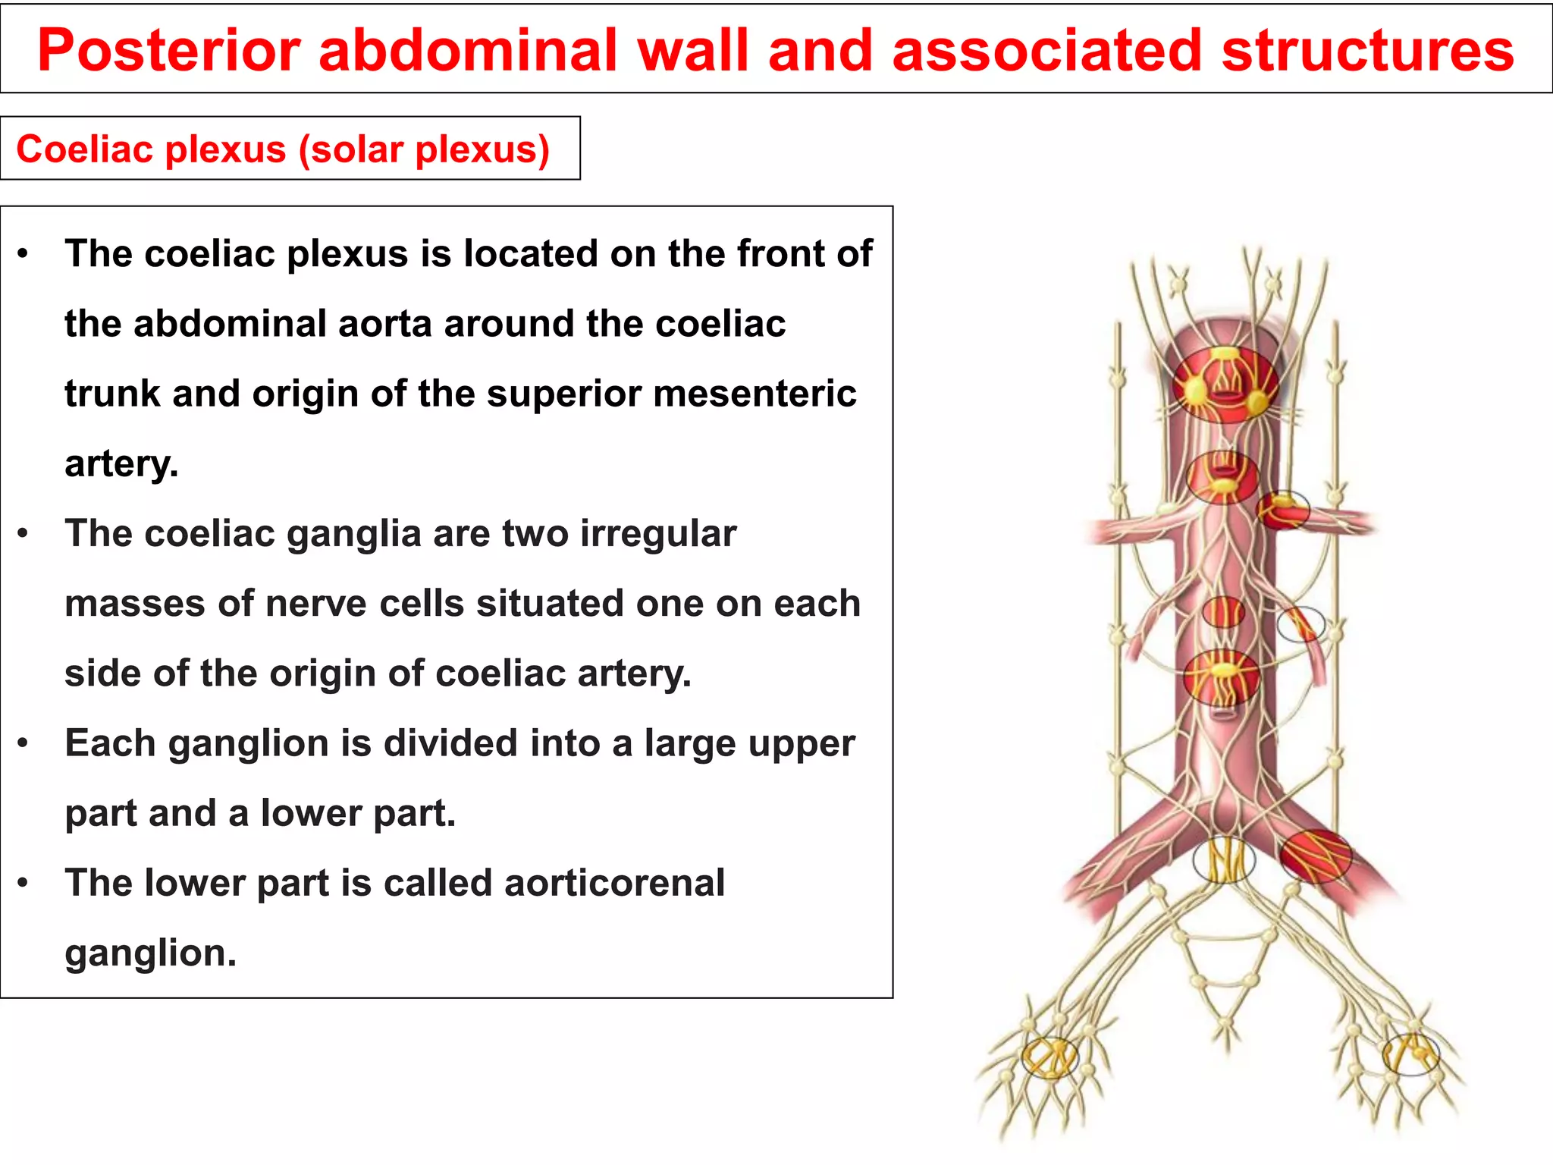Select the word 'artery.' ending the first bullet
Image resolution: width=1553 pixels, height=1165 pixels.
click(x=121, y=463)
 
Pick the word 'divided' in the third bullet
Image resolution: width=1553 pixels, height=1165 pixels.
click(x=450, y=743)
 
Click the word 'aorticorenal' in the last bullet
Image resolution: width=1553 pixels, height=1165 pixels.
click(x=614, y=883)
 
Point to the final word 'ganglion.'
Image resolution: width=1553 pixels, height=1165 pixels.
click(x=150, y=953)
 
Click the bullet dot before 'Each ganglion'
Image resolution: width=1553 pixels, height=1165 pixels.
click(x=24, y=744)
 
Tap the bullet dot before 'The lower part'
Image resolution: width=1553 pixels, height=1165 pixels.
click(x=24, y=884)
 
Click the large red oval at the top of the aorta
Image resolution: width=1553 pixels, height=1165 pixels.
click(x=1225, y=385)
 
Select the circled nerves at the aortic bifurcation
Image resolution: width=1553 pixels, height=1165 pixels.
click(x=1224, y=860)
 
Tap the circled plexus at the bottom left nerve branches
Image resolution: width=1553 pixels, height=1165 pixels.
click(x=1049, y=1057)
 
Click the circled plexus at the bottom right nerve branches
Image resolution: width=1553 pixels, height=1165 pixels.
click(x=1410, y=1054)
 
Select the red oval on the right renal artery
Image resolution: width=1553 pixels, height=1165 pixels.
click(x=1283, y=510)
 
